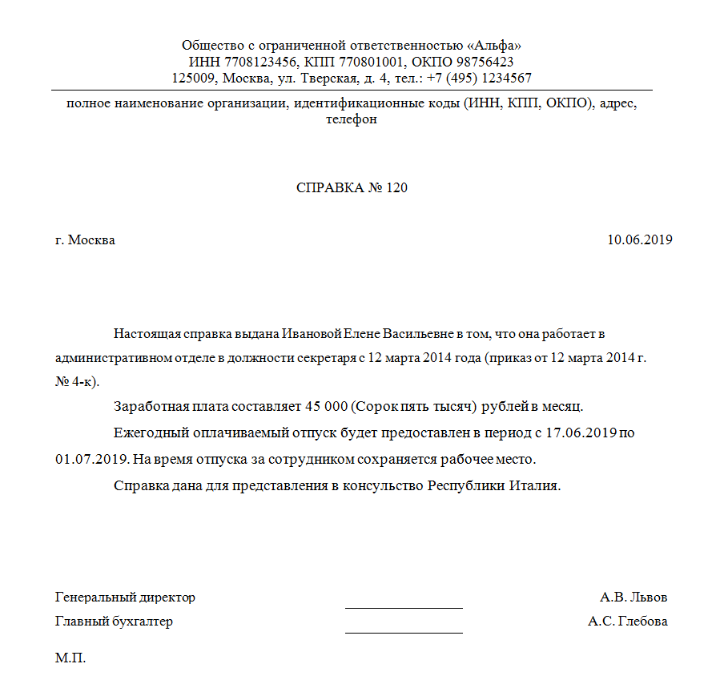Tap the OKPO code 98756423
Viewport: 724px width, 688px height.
(x=479, y=62)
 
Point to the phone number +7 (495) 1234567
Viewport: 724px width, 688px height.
(x=480, y=78)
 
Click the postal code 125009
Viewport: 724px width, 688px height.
(x=195, y=78)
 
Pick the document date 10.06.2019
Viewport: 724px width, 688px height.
(x=639, y=240)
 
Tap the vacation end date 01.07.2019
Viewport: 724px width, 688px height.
(x=87, y=461)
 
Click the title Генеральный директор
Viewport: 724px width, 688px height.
(x=125, y=597)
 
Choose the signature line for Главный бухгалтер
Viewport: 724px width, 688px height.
(x=404, y=631)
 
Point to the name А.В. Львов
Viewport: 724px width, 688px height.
(x=633, y=597)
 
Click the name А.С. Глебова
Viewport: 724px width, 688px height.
(x=627, y=622)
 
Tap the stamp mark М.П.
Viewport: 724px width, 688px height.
(x=70, y=659)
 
